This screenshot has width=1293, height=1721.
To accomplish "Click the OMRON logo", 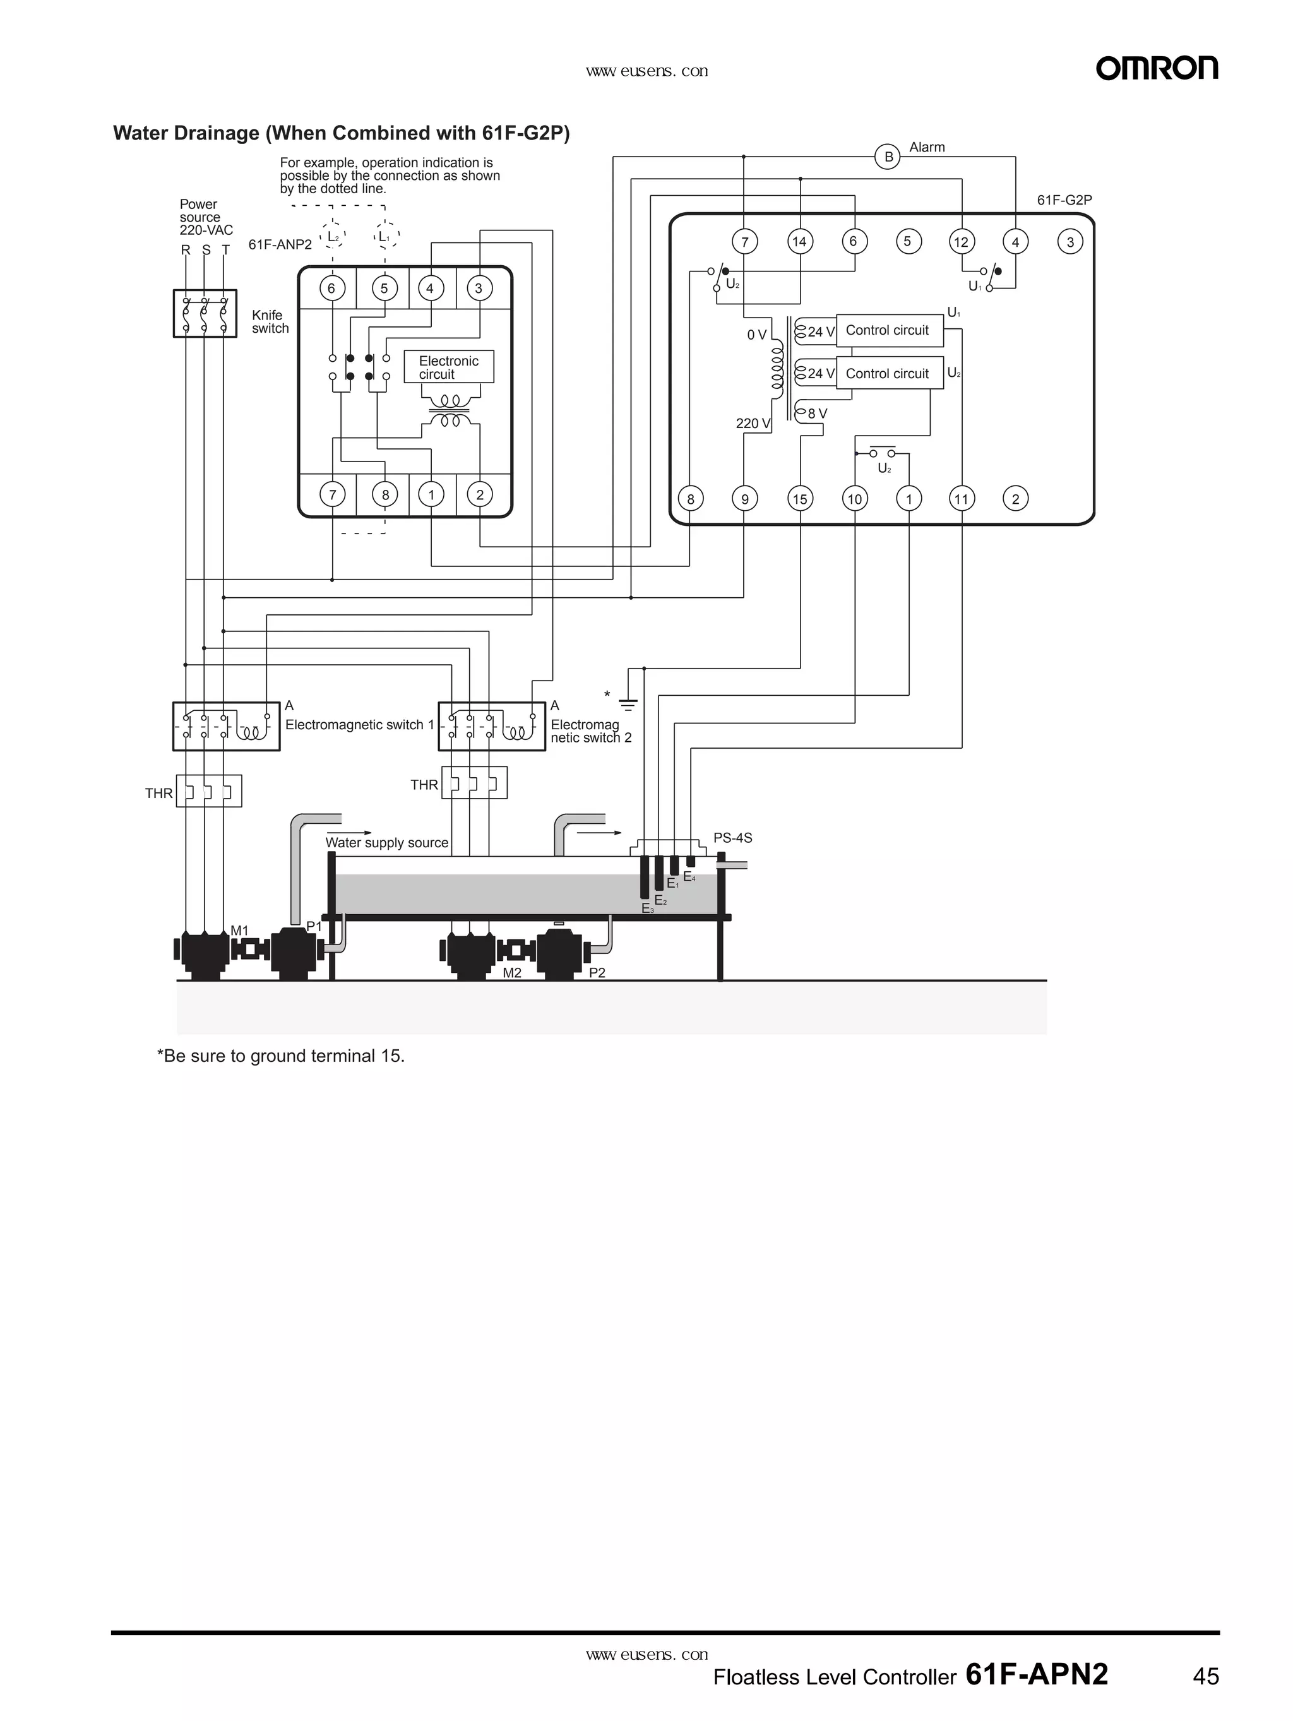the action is pos(1156,68).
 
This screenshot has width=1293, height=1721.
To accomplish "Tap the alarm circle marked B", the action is pos(888,157).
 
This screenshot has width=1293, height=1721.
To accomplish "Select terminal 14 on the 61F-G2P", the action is pos(799,241).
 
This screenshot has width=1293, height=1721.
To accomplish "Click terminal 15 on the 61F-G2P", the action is pos(800,499).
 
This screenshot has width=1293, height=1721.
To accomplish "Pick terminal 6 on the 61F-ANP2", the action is pos(331,289).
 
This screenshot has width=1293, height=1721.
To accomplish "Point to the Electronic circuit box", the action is pos(449,367).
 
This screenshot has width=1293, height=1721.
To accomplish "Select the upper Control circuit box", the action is pos(888,331).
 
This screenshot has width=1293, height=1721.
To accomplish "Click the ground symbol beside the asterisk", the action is pos(628,705).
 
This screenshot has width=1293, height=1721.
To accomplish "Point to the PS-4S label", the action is pos(732,838).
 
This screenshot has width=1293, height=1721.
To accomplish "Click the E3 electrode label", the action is pos(646,908).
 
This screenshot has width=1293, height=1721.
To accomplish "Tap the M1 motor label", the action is pos(240,931).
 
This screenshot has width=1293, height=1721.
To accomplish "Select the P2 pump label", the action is pos(597,972).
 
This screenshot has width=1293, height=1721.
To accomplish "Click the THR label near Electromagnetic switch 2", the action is pos(424,785).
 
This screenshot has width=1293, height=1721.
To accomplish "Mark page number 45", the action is pos(1205,1677).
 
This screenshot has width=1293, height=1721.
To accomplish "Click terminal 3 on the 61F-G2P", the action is pos(1070,242).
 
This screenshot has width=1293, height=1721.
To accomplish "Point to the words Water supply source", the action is pos(386,843).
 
